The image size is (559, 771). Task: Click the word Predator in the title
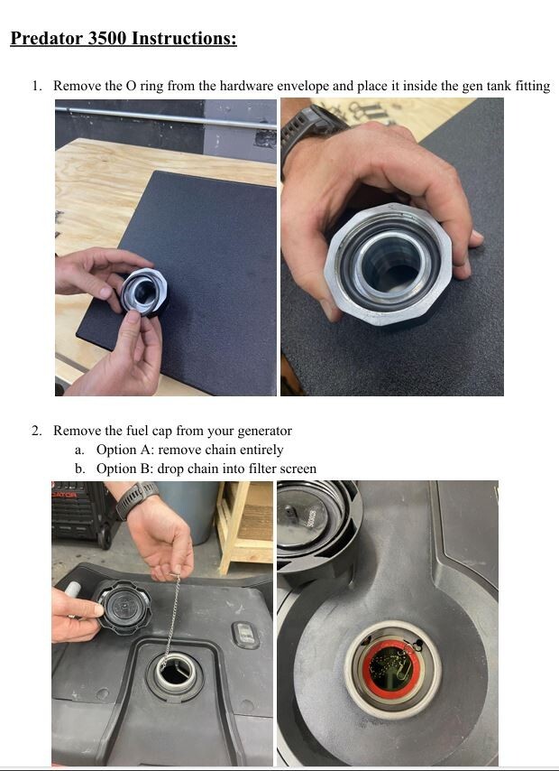(47, 38)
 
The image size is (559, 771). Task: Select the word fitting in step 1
(533, 87)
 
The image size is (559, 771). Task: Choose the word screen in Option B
(298, 469)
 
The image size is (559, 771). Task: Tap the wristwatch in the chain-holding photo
(136, 499)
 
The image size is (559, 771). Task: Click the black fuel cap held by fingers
(123, 608)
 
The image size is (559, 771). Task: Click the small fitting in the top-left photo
(144, 293)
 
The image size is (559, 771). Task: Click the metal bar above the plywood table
(166, 118)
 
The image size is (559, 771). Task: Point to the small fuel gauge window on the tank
(245, 635)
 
